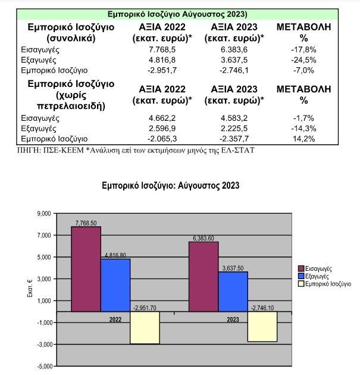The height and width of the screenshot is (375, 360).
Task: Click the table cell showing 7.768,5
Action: pos(162,49)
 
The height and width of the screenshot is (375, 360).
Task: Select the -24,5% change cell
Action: pos(303,60)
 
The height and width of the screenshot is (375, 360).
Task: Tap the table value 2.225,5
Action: pos(234,129)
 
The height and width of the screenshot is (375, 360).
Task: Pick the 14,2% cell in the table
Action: pos(303,139)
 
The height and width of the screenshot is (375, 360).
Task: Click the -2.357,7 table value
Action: pos(234,139)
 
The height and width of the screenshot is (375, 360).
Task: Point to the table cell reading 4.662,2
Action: pos(162,118)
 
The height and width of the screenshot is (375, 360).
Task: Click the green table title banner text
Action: pos(177,14)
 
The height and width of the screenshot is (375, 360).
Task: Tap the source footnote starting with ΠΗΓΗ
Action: pos(136,151)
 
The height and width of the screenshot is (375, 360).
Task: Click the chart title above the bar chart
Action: pos(170,186)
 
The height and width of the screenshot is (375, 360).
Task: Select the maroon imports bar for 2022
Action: pos(86,269)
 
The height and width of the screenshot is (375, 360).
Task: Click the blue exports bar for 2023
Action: pos(233,292)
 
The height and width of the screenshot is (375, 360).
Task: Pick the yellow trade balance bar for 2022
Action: pos(145,327)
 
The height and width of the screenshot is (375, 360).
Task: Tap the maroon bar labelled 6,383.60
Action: pos(204,277)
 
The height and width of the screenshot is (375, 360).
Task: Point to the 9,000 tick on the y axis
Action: pos(44,213)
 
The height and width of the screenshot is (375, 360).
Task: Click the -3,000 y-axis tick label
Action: pos(45,345)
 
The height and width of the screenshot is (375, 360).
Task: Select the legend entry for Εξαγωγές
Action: pos(314,276)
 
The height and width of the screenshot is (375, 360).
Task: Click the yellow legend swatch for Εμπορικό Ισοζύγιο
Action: pos(301,284)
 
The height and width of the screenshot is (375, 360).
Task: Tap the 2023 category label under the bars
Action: pos(233,320)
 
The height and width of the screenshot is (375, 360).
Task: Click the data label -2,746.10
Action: pos(262,308)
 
